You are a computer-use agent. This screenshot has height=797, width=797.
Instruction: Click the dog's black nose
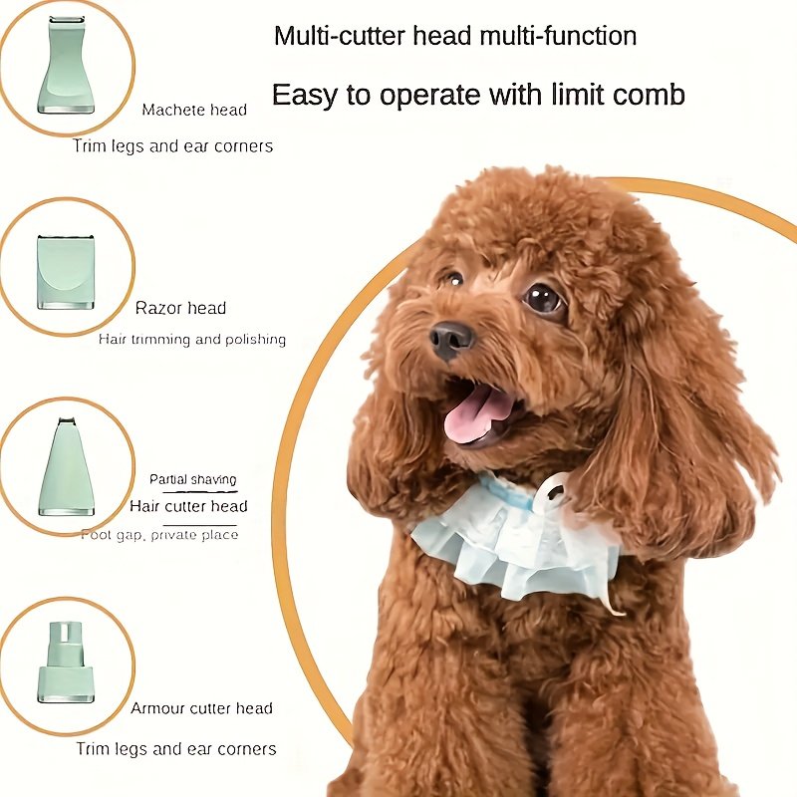(451, 340)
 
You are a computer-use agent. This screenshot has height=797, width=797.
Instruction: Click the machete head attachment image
(66, 66)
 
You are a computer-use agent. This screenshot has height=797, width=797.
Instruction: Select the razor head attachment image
(66, 271)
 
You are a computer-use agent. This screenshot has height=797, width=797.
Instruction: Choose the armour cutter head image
(66, 662)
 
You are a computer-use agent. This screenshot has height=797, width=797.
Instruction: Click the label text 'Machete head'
(194, 110)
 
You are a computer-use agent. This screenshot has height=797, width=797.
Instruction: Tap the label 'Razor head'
(180, 308)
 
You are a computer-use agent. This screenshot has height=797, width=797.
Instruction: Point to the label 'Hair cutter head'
(188, 506)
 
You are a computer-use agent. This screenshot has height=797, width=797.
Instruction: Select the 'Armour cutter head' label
(201, 708)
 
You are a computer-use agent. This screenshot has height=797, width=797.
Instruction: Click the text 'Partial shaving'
(193, 479)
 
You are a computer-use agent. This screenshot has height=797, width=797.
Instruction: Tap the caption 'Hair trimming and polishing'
(192, 340)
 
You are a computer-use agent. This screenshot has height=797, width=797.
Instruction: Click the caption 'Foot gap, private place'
(159, 535)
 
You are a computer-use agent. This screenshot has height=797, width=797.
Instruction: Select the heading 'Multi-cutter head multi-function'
(455, 37)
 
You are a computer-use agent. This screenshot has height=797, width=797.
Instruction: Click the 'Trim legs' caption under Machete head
(172, 146)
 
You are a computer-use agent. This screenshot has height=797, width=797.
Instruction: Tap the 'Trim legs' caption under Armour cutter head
(176, 748)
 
